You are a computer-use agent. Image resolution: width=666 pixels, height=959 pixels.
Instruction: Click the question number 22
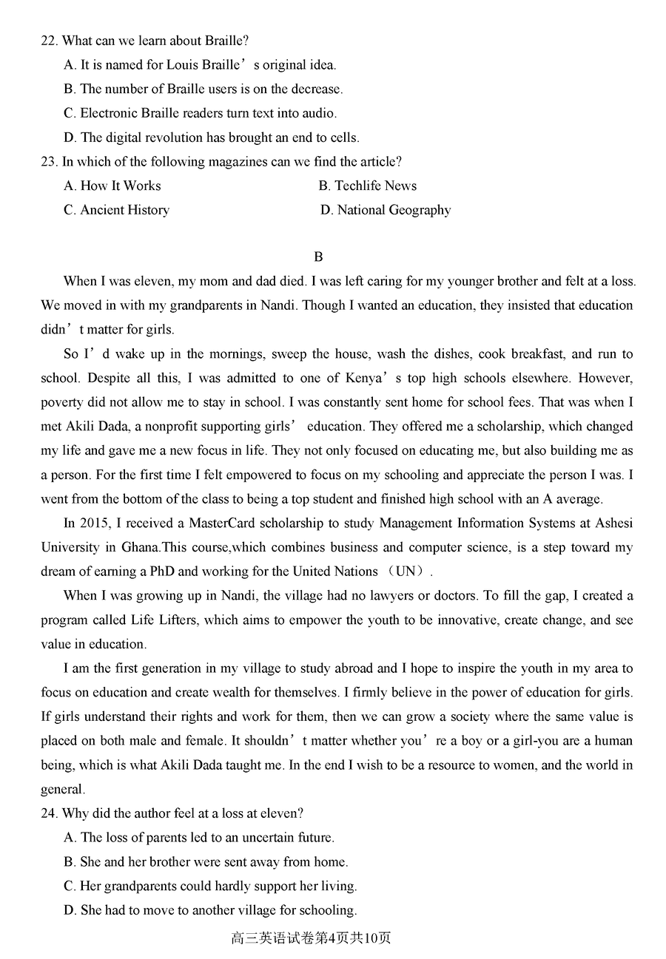point(48,41)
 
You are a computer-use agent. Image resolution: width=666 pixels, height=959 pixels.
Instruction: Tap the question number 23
point(48,162)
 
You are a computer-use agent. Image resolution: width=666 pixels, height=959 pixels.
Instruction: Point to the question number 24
point(48,813)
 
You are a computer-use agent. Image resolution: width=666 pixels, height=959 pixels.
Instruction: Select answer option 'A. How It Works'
point(112,186)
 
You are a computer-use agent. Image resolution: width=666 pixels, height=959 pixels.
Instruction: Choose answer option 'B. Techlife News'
point(368,186)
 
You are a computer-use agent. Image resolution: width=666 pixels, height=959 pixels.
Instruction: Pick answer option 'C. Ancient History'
point(116,211)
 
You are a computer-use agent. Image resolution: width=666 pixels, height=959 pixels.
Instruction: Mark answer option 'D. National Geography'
point(386,211)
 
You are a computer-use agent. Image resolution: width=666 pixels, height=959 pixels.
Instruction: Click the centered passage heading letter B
point(318,257)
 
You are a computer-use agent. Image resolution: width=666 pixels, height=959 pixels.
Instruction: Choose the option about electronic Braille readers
point(200,113)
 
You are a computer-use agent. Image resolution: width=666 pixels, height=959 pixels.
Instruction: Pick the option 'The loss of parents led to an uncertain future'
point(199,838)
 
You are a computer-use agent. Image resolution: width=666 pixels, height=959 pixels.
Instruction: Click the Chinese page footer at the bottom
point(311,938)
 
